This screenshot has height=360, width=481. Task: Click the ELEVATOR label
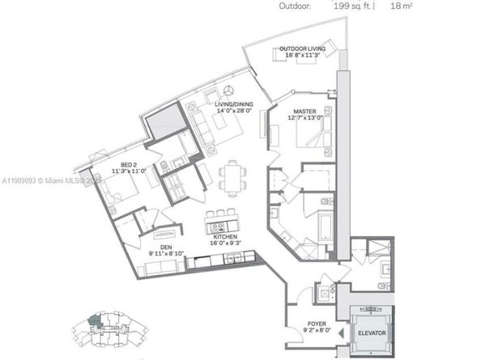click(373, 333)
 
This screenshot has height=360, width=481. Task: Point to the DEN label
click(165, 248)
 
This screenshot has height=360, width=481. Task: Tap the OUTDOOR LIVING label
click(302, 49)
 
